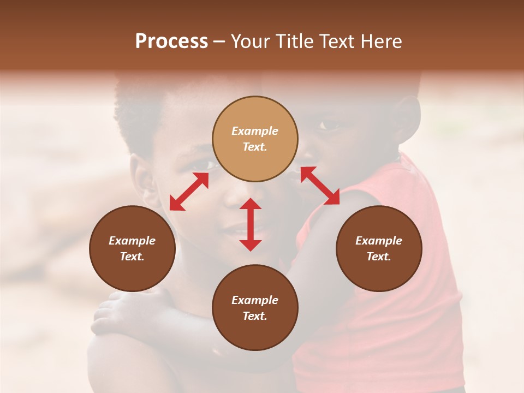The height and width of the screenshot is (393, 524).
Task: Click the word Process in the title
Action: click(x=171, y=41)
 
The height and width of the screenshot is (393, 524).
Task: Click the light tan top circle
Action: click(x=255, y=139)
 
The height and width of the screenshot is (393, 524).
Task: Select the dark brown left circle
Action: click(x=132, y=248)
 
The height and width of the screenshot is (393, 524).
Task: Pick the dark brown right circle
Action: click(x=379, y=248)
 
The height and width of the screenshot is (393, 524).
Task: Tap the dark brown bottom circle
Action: click(x=255, y=308)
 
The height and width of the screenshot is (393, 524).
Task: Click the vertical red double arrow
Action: click(x=251, y=224)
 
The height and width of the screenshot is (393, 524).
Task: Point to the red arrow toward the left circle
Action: click(x=189, y=192)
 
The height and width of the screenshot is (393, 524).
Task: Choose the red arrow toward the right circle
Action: click(x=320, y=186)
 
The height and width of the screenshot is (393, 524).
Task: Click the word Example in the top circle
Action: click(x=255, y=131)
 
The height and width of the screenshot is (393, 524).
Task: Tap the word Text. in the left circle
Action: click(x=132, y=257)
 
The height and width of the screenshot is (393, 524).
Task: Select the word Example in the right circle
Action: click(x=379, y=241)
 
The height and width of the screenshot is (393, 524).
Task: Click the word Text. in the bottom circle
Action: click(x=255, y=316)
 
